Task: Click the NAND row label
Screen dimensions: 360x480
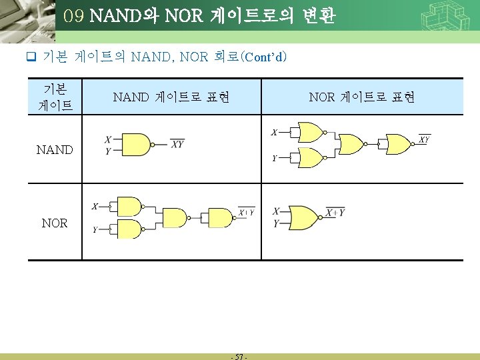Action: pos(55,149)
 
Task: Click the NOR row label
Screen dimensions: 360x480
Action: pos(54,223)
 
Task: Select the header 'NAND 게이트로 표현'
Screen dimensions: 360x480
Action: pos(171,97)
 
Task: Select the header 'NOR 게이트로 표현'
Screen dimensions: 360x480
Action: pos(362,97)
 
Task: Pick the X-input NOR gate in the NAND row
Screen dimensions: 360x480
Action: pos(309,132)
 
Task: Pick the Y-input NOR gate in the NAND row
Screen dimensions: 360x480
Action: pos(309,158)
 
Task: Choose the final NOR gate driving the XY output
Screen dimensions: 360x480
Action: pos(399,143)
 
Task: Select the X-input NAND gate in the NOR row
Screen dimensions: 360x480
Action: pos(129,207)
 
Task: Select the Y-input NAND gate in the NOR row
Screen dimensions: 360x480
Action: pos(129,229)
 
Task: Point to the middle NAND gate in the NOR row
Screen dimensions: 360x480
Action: pos(175,217)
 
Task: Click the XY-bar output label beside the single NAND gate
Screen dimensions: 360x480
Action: pos(177,143)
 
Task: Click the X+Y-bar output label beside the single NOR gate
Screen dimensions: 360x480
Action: pos(335,213)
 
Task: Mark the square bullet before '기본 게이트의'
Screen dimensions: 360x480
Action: pos(30,57)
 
